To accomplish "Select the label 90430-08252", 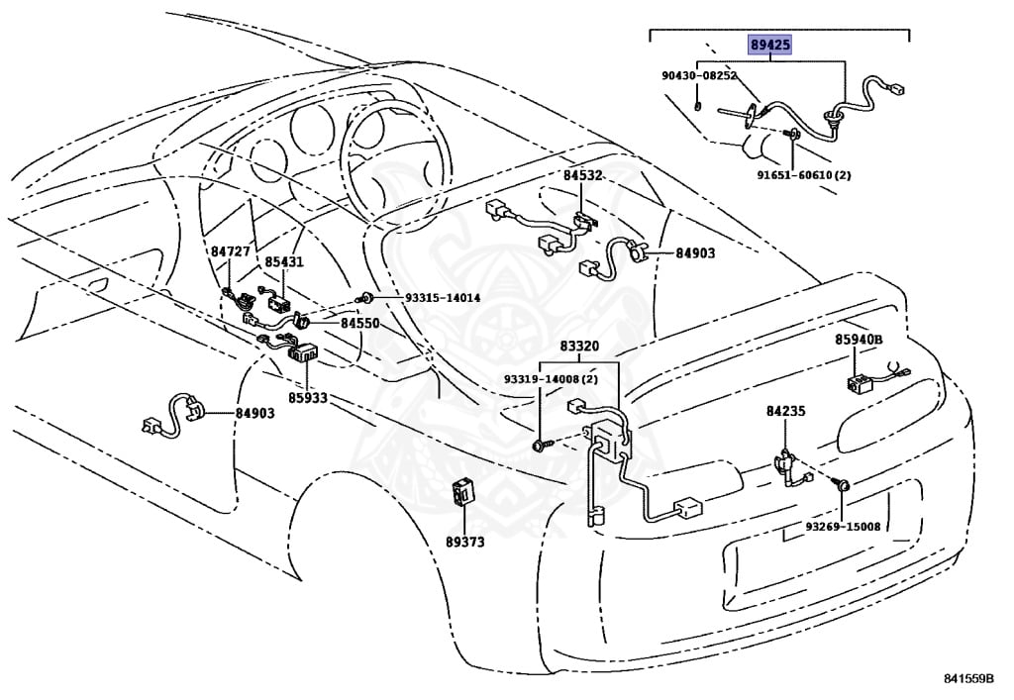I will pos(699,75).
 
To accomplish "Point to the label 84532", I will pos(583,176).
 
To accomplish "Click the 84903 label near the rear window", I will pos(695,253).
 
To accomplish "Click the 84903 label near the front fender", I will pos(255,414).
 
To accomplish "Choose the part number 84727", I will pos(229,252).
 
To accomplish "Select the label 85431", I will pos(283,263).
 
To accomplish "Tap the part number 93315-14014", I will pos(442,298).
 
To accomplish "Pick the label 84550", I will pos(360,323).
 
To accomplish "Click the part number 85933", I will pos(308,398).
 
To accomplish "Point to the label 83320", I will pos(579,348).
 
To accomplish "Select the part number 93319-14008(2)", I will pos(551,379).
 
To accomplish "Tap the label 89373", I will pos(464,542).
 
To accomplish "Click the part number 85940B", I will pos(858,340).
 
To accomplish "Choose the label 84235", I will pos(785,409).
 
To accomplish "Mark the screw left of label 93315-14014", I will pos(368,297).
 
